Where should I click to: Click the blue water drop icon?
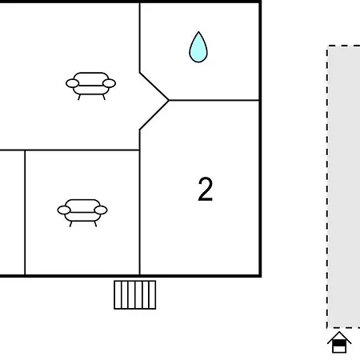tap(198, 48)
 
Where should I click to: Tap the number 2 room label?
tap(206, 190)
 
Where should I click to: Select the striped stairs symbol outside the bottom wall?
tap(135, 294)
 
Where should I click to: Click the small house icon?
tap(339, 342)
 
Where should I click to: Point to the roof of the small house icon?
tap(339, 337)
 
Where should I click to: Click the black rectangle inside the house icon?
tap(339, 343)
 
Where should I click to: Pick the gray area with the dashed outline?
tap(344, 186)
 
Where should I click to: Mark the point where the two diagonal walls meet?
tap(169, 100)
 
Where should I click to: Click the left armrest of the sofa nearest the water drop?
tap(72, 83)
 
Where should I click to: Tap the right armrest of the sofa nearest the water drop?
tap(109, 83)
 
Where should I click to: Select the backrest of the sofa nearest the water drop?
tap(91, 78)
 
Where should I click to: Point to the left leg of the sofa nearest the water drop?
tap(79, 97)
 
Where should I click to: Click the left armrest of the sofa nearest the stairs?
tap(64, 210)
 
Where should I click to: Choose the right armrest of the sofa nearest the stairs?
tap(101, 210)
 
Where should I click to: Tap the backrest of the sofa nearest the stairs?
tap(82, 206)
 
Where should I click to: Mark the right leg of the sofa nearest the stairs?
tap(95, 224)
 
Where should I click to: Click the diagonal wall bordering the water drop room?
tap(154, 86)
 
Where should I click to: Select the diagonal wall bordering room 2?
tap(154, 115)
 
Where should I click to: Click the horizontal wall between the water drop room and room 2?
tap(214, 100)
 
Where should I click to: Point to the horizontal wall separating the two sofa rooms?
tap(70, 150)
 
